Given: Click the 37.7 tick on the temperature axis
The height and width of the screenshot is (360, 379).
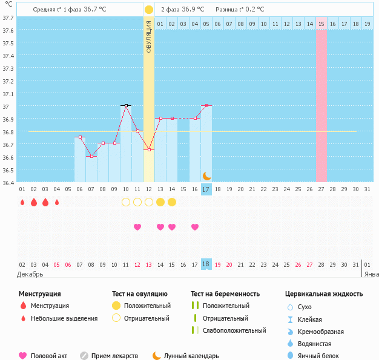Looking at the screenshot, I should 8,18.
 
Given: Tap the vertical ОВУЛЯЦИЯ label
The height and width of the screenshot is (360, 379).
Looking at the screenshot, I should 149,37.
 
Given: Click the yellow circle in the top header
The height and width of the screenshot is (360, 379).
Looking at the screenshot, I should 149,10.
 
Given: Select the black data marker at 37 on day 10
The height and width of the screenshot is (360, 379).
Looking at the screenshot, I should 126,105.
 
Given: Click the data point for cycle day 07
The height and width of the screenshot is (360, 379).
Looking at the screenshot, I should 91,156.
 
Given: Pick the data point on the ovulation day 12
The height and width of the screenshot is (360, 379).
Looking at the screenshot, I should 149,149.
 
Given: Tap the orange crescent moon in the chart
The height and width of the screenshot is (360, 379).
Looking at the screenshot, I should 206,175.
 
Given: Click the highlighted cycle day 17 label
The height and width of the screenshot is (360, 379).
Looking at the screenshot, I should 206,189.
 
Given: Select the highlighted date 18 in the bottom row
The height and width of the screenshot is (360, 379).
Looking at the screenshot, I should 206,264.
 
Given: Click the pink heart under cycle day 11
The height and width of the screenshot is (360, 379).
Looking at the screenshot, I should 137,227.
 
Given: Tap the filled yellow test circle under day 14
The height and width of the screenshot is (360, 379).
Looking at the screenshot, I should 172,201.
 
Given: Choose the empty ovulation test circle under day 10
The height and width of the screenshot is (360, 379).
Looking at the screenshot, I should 126,201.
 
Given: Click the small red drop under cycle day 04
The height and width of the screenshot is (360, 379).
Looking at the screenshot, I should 57,202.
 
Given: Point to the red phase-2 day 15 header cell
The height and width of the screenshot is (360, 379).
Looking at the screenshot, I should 321,24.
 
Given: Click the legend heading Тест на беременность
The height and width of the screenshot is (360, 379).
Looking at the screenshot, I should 225,294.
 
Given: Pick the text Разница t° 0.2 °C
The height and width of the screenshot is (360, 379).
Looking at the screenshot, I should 240,10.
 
